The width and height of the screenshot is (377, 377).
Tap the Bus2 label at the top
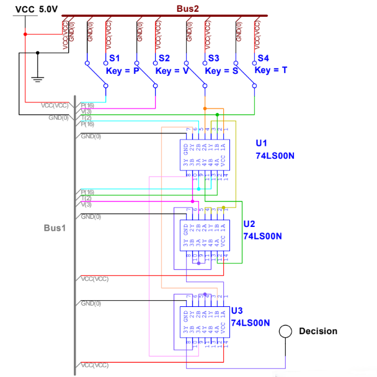click(x=187, y=9)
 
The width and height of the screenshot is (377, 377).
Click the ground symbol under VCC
click(x=37, y=79)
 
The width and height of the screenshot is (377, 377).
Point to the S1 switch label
click(x=114, y=58)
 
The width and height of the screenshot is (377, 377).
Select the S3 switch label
click(x=213, y=58)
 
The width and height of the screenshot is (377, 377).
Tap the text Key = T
click(x=271, y=71)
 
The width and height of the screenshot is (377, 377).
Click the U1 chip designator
click(x=261, y=143)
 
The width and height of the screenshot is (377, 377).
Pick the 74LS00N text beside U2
click(x=262, y=236)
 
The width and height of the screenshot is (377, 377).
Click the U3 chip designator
click(x=236, y=311)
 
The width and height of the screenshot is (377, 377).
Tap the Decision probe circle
click(x=285, y=331)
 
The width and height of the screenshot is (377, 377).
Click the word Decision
click(x=318, y=331)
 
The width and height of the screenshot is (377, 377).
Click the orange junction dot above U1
click(x=205, y=108)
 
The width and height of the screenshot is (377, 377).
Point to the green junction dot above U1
click(x=217, y=115)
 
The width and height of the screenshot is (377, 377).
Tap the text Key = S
click(x=222, y=71)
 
